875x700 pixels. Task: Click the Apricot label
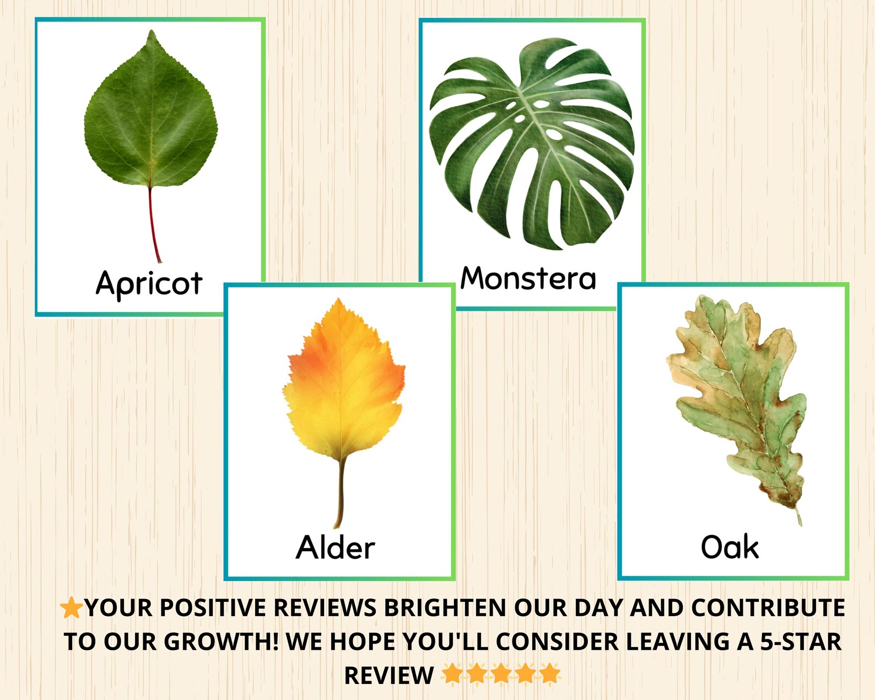tap(149, 284)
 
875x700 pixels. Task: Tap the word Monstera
tap(528, 278)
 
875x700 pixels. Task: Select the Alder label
tap(335, 547)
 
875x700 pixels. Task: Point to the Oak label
tap(730, 547)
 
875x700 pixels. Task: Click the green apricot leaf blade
tap(151, 121)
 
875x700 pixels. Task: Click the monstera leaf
tap(532, 143)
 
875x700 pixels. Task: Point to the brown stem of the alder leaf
tap(340, 491)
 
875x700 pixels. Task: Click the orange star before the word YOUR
tap(71, 608)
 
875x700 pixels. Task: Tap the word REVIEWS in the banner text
tap(325, 608)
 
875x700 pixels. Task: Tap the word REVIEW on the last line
tap(389, 675)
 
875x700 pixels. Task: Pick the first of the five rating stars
tap(452, 674)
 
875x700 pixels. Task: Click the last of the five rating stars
tap(550, 674)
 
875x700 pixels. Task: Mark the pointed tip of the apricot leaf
tap(152, 33)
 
